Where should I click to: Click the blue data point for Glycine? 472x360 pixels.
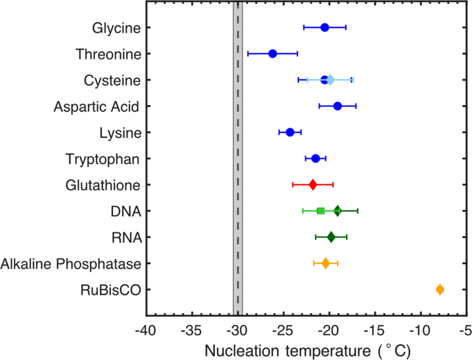325,28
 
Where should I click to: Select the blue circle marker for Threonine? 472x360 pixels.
272,54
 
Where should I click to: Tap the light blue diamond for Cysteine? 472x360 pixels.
330,80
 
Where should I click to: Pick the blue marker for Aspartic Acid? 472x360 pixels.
338,106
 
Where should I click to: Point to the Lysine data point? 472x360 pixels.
290,132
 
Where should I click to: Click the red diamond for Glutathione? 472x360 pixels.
313,185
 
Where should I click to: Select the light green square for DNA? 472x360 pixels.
320,211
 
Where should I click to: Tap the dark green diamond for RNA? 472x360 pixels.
331,237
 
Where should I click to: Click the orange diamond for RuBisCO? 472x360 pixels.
440,290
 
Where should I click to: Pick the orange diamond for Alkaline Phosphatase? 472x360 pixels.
326,263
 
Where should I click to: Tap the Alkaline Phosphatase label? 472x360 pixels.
71,263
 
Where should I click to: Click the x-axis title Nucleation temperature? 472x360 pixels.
307,350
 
